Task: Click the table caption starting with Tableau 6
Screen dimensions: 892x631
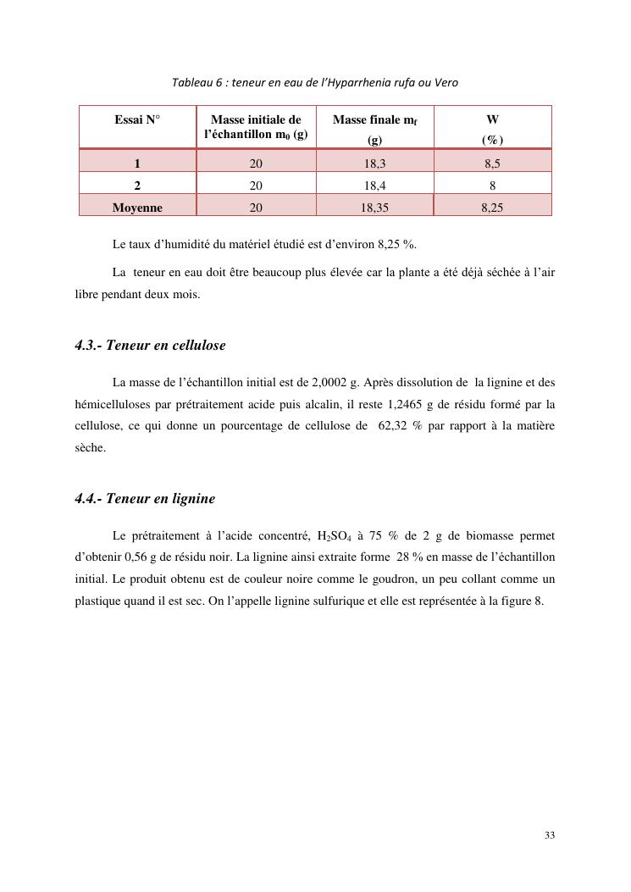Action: point(315,82)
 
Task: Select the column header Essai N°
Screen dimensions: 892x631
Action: point(137,120)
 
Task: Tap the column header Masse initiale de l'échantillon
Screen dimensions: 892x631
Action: point(256,127)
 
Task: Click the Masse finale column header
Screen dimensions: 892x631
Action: point(374,127)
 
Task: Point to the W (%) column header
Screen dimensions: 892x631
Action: point(492,127)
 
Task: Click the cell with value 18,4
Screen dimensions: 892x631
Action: point(374,184)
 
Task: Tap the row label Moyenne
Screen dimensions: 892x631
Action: point(137,206)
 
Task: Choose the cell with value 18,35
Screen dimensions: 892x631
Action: point(374,206)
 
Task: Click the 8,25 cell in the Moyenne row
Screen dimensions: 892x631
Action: point(492,206)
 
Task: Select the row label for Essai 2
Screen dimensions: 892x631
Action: point(137,184)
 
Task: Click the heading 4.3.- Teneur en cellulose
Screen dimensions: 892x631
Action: point(150,346)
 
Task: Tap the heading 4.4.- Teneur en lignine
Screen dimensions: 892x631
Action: point(145,499)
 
